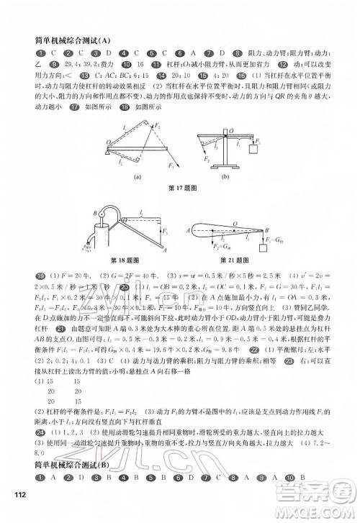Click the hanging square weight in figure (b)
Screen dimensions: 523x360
[253, 150]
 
